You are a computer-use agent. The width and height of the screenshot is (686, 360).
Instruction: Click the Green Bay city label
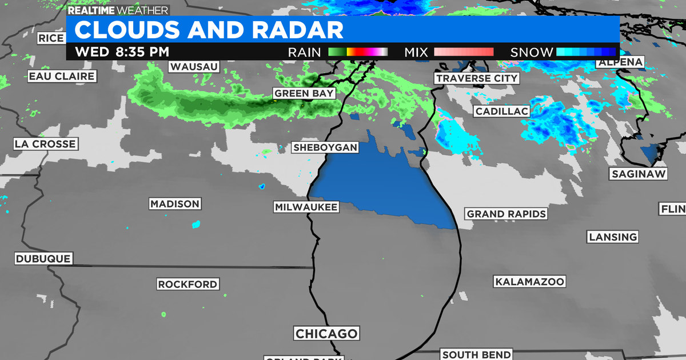(x=304, y=93)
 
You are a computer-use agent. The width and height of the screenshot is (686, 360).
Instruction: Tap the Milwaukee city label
(x=306, y=207)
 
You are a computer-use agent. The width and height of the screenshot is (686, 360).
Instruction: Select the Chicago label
(x=326, y=334)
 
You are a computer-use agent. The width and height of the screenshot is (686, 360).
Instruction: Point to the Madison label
(x=175, y=204)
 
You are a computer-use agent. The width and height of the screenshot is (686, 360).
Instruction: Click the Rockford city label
(x=188, y=284)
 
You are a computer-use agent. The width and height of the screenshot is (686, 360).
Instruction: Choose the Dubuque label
(x=43, y=259)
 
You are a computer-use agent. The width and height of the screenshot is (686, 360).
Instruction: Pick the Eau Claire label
(x=62, y=76)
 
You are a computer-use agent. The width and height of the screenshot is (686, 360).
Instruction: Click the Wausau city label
(x=194, y=67)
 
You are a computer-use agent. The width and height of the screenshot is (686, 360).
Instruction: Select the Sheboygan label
(x=325, y=147)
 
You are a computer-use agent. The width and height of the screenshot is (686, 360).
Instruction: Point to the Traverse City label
(x=476, y=78)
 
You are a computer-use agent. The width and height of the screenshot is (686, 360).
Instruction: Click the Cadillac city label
(x=501, y=111)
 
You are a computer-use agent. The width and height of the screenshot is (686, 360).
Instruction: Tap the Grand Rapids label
(x=506, y=214)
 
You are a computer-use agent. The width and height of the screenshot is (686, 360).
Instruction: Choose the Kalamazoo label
(x=530, y=282)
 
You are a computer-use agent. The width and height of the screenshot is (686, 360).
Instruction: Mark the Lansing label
(x=613, y=237)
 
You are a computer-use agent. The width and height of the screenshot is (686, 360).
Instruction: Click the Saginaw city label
(x=639, y=174)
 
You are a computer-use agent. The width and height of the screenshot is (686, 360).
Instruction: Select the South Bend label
(x=476, y=355)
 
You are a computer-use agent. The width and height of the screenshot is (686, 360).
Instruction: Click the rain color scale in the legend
(x=358, y=52)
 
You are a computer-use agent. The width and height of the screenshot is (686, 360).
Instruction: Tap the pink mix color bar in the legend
(x=464, y=52)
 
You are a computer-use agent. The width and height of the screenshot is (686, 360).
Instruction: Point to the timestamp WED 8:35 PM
(x=122, y=51)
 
